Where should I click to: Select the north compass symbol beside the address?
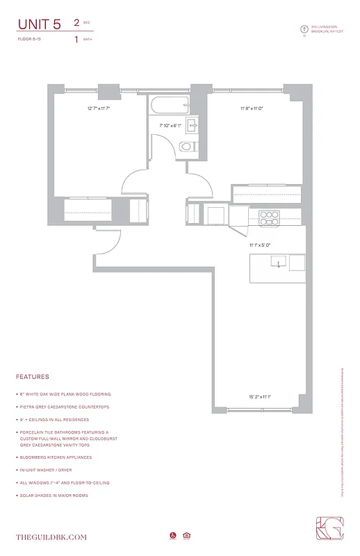[x=303, y=29]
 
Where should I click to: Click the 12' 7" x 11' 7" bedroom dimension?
[x=99, y=108]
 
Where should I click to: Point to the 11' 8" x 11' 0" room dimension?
[x=252, y=108]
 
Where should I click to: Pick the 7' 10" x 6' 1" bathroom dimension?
[x=170, y=126]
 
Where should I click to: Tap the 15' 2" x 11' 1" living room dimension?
[x=259, y=397]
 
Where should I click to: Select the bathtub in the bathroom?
[x=169, y=106]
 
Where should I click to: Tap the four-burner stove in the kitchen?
[x=268, y=218]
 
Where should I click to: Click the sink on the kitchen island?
[x=277, y=263]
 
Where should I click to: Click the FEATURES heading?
[x=33, y=377]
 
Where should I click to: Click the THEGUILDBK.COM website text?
[x=52, y=537]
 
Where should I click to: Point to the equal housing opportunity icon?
[x=186, y=535]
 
